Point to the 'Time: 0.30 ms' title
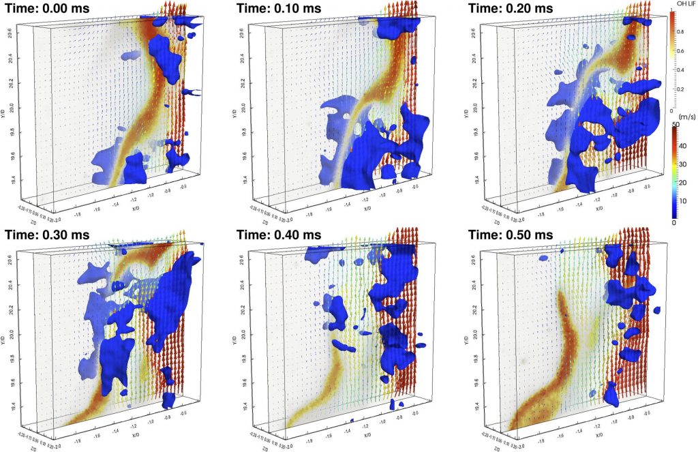pyautogui.click(x=49, y=235)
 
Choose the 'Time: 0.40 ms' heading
pyautogui.click(x=282, y=235)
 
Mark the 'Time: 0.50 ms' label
pyautogui.click(x=513, y=235)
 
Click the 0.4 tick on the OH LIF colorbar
pyautogui.click(x=678, y=69)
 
